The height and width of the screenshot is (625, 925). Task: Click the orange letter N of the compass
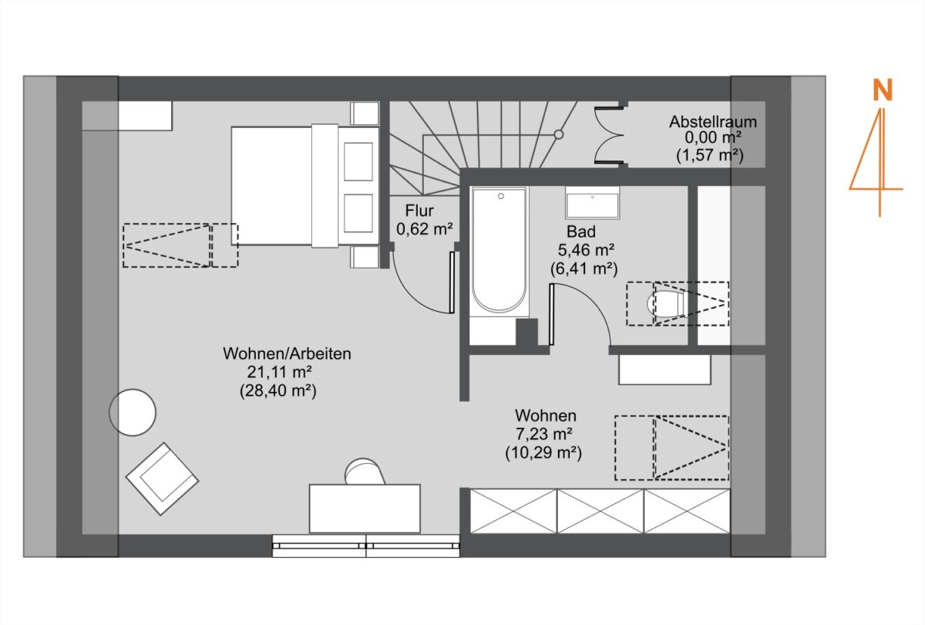click(x=883, y=90)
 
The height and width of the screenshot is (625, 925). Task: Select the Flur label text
click(x=419, y=211)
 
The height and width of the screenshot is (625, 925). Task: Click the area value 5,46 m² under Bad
click(x=586, y=250)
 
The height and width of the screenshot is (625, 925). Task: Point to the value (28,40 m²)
click(x=278, y=390)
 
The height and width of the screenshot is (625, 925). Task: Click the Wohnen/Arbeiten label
click(x=287, y=353)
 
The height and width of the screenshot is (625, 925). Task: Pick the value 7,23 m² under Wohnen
click(x=544, y=434)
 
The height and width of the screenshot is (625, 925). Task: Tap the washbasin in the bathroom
click(x=593, y=202)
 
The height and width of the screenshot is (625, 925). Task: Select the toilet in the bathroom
click(x=666, y=304)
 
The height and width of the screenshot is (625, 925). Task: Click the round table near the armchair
click(x=133, y=413)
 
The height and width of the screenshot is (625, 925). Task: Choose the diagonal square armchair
click(x=163, y=479)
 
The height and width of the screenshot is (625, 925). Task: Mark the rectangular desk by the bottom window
click(x=365, y=508)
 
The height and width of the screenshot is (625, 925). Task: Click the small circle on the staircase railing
click(x=559, y=134)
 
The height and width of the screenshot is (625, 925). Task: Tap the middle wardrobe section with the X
click(x=600, y=512)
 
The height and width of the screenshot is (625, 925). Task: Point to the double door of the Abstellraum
click(x=609, y=135)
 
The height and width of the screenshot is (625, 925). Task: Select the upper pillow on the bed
click(x=358, y=161)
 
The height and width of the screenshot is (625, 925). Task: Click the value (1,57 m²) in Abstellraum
click(x=710, y=155)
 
